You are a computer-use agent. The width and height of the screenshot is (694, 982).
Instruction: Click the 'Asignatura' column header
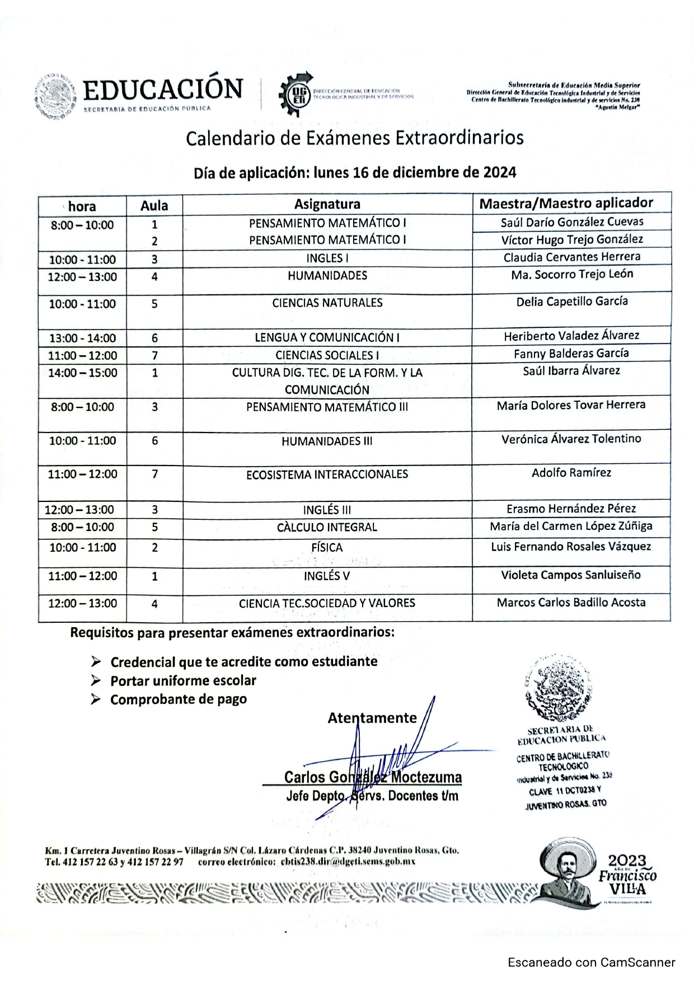(x=327, y=204)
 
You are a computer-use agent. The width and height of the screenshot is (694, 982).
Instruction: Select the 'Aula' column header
(x=154, y=205)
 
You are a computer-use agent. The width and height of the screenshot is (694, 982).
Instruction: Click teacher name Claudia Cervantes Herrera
(x=571, y=257)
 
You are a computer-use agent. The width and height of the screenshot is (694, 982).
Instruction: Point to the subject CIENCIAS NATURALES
(x=327, y=303)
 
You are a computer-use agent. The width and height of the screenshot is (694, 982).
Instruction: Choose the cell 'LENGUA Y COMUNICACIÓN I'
(x=327, y=337)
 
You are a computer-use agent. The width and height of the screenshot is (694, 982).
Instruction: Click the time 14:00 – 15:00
(x=83, y=373)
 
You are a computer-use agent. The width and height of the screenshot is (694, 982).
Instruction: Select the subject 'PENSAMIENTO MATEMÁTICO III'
(x=327, y=407)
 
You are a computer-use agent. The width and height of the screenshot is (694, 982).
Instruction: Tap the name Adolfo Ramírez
(x=571, y=473)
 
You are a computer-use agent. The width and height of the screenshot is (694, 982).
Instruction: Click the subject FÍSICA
(x=327, y=547)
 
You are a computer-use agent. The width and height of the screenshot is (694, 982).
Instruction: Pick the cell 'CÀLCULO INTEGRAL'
(x=327, y=527)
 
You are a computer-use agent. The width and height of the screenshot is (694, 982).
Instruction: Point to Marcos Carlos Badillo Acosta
(x=571, y=603)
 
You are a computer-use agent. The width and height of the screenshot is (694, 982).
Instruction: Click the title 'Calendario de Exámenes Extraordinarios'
(x=355, y=138)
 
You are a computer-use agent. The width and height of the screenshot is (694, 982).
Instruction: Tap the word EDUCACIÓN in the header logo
(x=163, y=90)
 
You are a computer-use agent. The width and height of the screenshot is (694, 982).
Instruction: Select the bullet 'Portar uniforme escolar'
(x=183, y=681)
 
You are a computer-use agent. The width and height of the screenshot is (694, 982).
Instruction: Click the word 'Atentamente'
(x=372, y=718)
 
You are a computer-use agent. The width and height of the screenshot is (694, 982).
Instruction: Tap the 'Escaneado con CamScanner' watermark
(x=592, y=962)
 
